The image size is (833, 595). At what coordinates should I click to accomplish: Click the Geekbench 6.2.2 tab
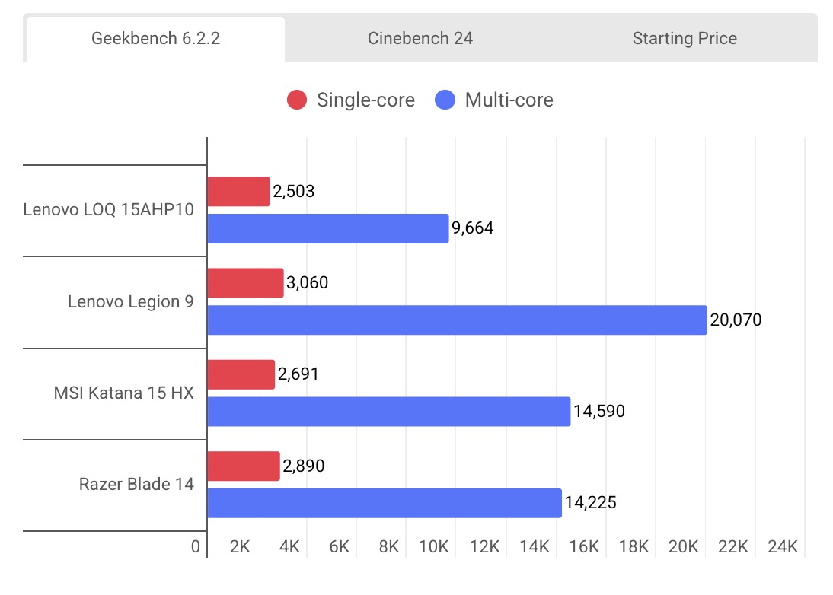155,39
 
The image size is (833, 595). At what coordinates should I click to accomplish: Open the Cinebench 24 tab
420,39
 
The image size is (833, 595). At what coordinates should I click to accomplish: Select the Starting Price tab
685,39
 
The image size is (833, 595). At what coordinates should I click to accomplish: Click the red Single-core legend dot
297,100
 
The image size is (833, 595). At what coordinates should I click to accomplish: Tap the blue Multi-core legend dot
445,100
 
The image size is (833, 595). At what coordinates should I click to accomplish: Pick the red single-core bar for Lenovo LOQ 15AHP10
238,192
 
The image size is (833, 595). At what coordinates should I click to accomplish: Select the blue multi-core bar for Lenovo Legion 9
457,320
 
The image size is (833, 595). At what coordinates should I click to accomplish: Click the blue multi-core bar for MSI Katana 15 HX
388,411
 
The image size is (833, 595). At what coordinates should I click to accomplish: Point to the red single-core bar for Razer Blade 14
244,466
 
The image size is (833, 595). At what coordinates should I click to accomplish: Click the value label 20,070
736,320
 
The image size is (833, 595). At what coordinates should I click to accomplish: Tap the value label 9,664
473,228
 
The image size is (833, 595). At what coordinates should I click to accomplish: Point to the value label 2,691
298,374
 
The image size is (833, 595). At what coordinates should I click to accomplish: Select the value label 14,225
590,502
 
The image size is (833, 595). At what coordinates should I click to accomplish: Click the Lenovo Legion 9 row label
130,302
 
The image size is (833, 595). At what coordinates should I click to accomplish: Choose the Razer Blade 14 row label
136,484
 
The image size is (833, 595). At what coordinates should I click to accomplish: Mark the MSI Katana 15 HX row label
123,393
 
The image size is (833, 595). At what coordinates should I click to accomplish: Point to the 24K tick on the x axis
783,546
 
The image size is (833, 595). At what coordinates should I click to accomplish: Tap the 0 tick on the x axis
196,546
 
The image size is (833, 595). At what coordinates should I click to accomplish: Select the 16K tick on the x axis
584,546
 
